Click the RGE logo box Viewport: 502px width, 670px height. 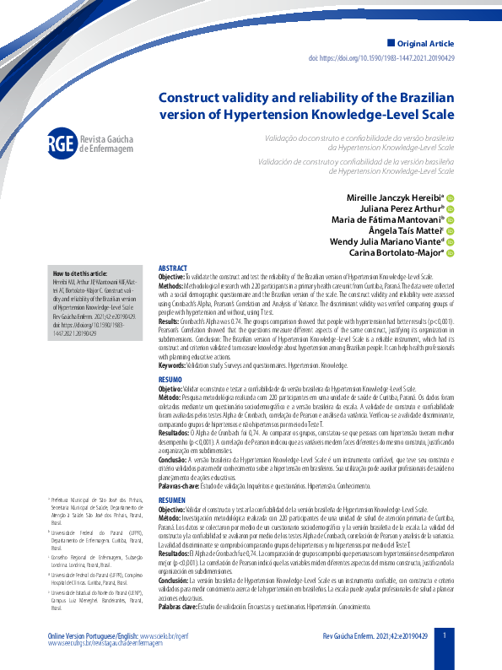62,143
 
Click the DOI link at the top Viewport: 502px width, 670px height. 393,58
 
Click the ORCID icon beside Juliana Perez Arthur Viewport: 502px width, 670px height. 451,208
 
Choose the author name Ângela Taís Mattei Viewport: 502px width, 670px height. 400,230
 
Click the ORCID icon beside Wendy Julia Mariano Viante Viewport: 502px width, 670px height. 451,242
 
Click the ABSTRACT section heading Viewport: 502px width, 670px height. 173,267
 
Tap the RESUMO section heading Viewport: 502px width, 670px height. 170,381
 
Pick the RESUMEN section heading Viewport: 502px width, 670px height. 173,500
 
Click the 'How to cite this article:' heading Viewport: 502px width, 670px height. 80,273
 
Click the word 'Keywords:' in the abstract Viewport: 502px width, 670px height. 174,365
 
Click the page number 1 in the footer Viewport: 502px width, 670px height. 445,635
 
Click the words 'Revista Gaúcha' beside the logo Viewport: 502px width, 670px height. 106,138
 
